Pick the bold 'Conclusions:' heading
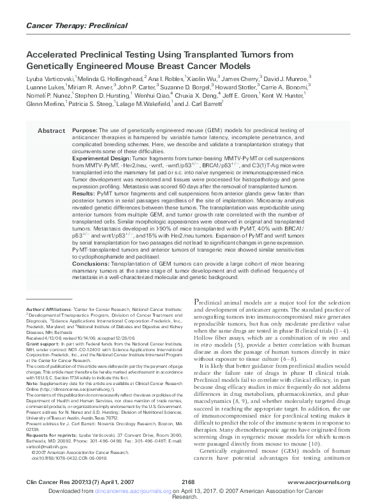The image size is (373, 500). [90, 264]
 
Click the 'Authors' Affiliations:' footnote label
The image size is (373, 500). [48, 308]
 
